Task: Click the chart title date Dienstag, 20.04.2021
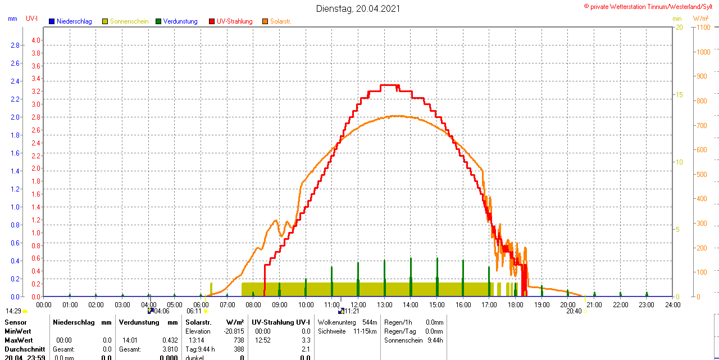pos(358,8)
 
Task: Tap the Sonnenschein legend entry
pos(129,21)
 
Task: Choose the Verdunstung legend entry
pos(180,21)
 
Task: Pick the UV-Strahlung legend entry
pos(236,21)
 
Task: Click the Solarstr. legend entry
pos(280,21)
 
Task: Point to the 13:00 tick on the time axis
pos(384,305)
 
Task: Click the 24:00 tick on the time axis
pos(672,305)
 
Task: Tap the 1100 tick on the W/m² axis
pos(703,28)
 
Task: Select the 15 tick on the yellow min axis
pos(679,95)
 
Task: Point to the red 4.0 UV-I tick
pos(36,40)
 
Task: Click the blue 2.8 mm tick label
pos(15,45)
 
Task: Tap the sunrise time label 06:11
pos(194,311)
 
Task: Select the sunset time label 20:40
pos(574,311)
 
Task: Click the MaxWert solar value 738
pos(239,340)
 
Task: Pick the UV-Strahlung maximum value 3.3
pos(306,340)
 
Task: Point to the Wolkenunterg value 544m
pos(370,322)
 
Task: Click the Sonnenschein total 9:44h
pos(434,340)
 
